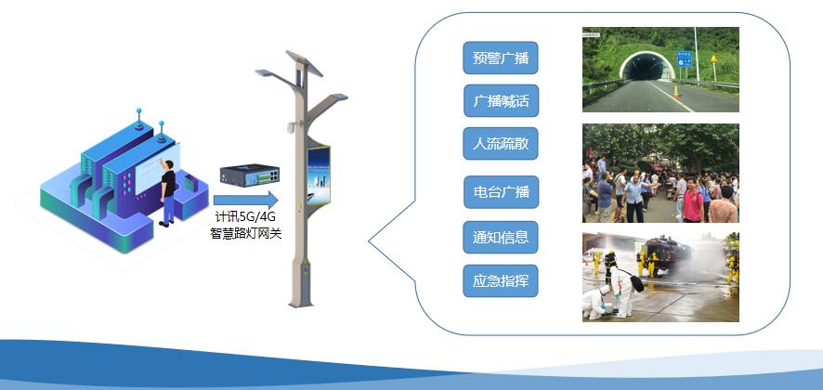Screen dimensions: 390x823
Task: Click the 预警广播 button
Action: tap(500, 58)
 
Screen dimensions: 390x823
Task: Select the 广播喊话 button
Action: tap(500, 100)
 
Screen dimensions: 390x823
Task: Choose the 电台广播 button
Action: tap(500, 192)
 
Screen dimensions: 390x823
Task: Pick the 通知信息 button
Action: tap(500, 237)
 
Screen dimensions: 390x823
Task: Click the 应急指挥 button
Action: tap(500, 280)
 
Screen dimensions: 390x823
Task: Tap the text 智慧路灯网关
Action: tap(245, 233)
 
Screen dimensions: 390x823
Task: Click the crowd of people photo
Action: tap(660, 174)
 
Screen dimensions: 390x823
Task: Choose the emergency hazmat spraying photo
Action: tap(660, 276)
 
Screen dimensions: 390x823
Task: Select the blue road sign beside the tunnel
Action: tap(685, 58)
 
